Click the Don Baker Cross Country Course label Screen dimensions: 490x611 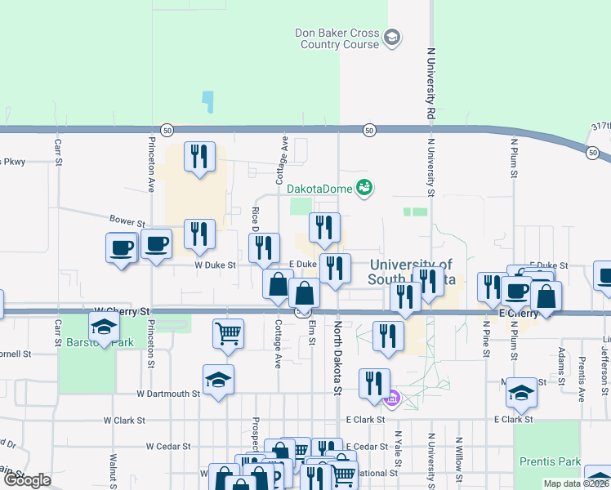point(337,38)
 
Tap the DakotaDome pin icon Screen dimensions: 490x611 point(364,188)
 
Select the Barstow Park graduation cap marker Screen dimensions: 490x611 point(104,328)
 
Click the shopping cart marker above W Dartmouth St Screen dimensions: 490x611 point(228,332)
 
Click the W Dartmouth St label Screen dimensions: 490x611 point(167,394)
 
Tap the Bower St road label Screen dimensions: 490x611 point(127,222)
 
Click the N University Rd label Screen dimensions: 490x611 point(430,82)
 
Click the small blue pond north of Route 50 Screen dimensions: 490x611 point(207,102)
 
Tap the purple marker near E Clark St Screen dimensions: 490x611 point(392,399)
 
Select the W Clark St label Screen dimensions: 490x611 point(123,421)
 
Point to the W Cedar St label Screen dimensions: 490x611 point(167,447)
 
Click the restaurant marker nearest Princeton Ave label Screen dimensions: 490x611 point(199,156)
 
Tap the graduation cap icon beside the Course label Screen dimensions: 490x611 point(393,38)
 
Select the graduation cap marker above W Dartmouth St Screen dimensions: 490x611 point(218,379)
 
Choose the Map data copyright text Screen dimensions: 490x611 point(577,483)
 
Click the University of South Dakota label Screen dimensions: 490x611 point(410,271)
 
